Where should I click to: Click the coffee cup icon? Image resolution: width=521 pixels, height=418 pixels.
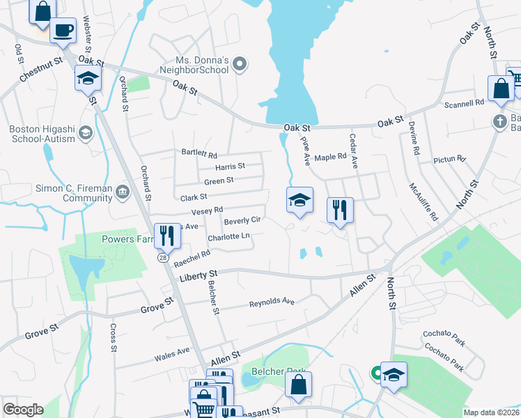[x=63, y=31]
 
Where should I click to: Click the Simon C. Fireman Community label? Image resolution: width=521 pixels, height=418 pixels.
[x=59, y=193]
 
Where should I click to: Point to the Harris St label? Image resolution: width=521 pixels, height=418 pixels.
[x=230, y=167]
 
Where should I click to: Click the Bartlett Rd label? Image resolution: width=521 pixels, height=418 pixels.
[x=199, y=155]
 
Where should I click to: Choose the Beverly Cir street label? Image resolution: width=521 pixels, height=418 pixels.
[x=242, y=221]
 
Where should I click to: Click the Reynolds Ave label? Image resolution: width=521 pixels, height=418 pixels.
[x=272, y=302]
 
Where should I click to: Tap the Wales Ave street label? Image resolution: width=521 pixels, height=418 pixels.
[x=172, y=354]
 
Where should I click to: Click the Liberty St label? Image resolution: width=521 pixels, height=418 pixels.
[x=199, y=274]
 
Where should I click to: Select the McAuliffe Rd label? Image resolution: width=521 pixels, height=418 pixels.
[x=423, y=202]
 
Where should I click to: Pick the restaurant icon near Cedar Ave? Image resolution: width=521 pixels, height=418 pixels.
[x=340, y=208]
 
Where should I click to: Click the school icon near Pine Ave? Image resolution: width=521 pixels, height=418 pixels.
[x=300, y=201]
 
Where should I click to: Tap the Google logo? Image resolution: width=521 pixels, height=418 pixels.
[x=23, y=410]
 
